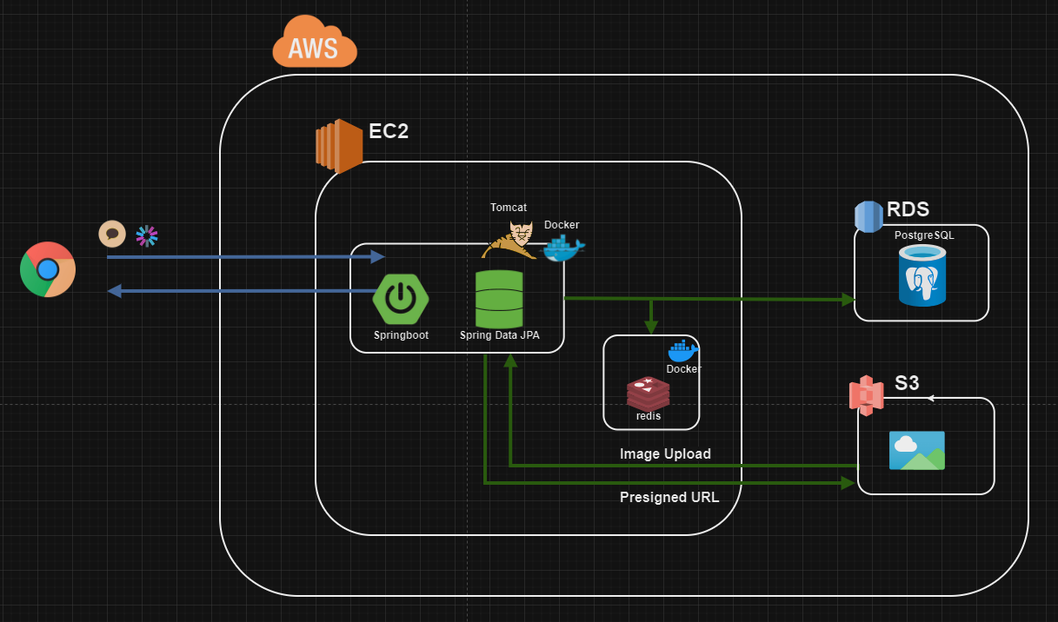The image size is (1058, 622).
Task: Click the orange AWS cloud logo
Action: (315, 43)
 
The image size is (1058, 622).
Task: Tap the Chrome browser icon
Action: (48, 269)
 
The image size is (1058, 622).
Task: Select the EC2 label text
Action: (388, 132)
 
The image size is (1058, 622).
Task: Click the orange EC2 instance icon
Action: (338, 146)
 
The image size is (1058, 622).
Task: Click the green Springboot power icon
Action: (400, 298)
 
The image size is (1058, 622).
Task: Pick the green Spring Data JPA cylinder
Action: (499, 299)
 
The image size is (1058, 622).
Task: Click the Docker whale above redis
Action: (682, 350)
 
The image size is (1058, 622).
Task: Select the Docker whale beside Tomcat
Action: (563, 248)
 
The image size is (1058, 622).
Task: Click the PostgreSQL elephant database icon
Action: (922, 275)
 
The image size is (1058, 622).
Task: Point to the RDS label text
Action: (908, 209)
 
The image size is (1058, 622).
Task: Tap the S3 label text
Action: (907, 383)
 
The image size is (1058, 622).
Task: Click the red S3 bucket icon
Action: (866, 394)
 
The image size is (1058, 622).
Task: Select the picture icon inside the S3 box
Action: (916, 451)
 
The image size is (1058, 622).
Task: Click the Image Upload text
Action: (665, 454)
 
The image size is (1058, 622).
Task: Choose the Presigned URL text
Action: (669, 498)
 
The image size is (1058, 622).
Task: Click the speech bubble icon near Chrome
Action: (111, 234)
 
